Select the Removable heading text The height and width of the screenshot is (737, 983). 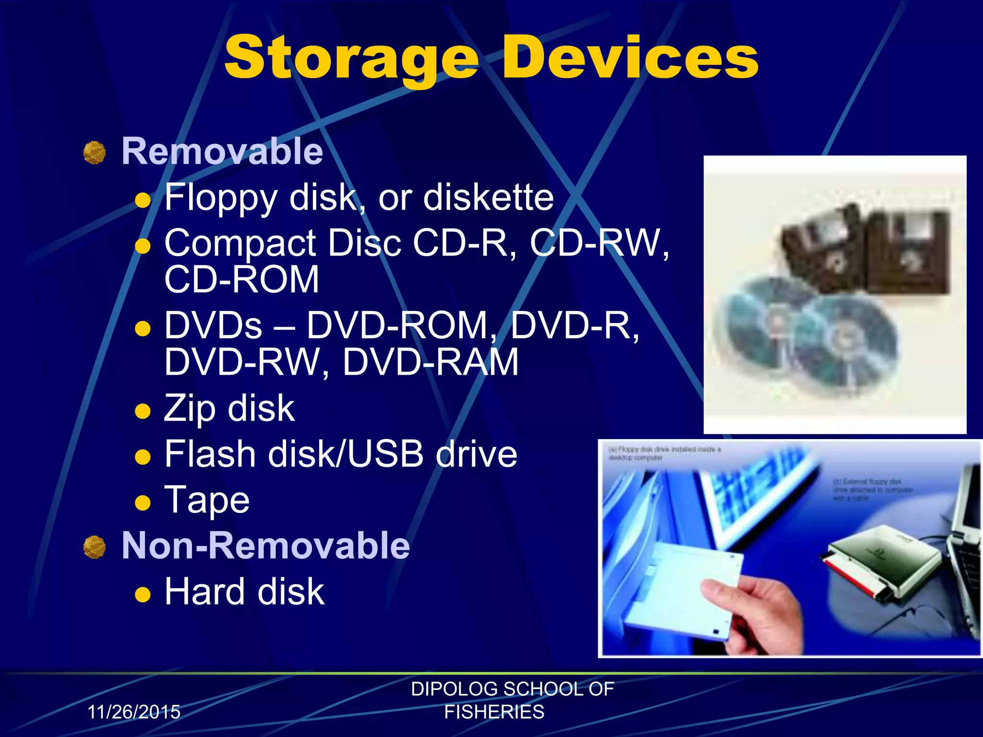click(222, 151)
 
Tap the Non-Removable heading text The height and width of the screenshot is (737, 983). click(265, 546)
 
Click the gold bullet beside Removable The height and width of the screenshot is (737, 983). click(95, 153)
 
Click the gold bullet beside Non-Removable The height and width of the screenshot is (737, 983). click(95, 547)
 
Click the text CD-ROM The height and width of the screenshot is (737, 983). click(241, 280)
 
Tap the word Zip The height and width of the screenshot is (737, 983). click(190, 408)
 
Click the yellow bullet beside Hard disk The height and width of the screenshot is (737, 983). click(143, 595)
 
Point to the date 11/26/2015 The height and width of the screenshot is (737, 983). click(134, 712)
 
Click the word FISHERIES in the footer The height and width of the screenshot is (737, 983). click(494, 712)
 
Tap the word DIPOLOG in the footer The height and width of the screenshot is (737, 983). click(449, 689)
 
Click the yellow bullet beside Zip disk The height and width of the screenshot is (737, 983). click(143, 411)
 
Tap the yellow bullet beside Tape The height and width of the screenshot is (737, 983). click(143, 502)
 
